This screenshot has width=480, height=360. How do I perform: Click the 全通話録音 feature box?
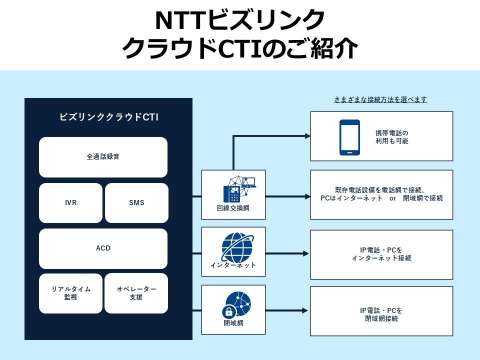(x=103, y=156)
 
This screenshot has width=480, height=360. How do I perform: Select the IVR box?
(x=70, y=203)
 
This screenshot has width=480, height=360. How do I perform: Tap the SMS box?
(x=136, y=203)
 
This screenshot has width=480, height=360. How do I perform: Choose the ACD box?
(x=103, y=248)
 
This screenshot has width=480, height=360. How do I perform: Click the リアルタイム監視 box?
(x=70, y=293)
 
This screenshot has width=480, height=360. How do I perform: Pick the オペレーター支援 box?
(x=136, y=293)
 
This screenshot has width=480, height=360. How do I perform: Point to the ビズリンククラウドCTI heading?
(x=108, y=117)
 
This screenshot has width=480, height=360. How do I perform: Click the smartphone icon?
(x=349, y=137)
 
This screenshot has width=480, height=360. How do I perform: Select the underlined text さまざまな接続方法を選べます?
(x=380, y=99)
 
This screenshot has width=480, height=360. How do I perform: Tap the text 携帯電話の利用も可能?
(x=392, y=137)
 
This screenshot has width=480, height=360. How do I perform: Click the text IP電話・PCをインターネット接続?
(x=381, y=254)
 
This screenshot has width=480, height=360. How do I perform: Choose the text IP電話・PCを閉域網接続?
(x=381, y=314)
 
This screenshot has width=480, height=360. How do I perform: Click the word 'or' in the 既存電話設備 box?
(x=392, y=198)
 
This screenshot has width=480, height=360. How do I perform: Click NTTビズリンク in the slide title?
(x=240, y=20)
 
